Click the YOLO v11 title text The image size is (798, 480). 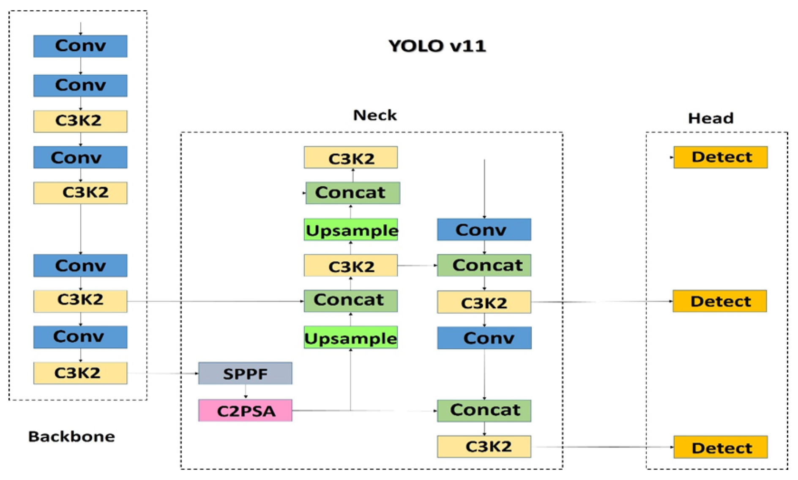click(x=437, y=46)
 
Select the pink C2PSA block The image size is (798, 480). click(x=245, y=411)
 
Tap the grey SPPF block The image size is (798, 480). click(x=245, y=373)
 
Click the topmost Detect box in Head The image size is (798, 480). click(x=721, y=157)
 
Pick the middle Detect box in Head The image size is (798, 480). click(x=720, y=301)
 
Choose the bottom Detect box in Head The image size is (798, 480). click(x=721, y=447)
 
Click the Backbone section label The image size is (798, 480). click(x=71, y=436)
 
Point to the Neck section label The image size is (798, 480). click(x=374, y=115)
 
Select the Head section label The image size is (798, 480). click(x=711, y=118)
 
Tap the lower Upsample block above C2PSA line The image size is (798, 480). click(x=350, y=338)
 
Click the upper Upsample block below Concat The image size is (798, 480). click(x=351, y=230)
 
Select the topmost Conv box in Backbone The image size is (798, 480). click(x=80, y=46)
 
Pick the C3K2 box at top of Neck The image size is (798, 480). click(x=351, y=158)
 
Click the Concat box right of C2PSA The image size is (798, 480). click(x=484, y=410)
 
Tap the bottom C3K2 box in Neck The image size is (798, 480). click(x=484, y=447)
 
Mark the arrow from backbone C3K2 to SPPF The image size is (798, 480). click(x=163, y=373)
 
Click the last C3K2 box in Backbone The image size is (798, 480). click(x=80, y=373)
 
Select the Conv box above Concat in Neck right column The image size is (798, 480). click(x=484, y=230)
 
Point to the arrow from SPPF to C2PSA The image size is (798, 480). click(x=246, y=392)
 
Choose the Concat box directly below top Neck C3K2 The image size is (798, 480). click(x=353, y=193)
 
